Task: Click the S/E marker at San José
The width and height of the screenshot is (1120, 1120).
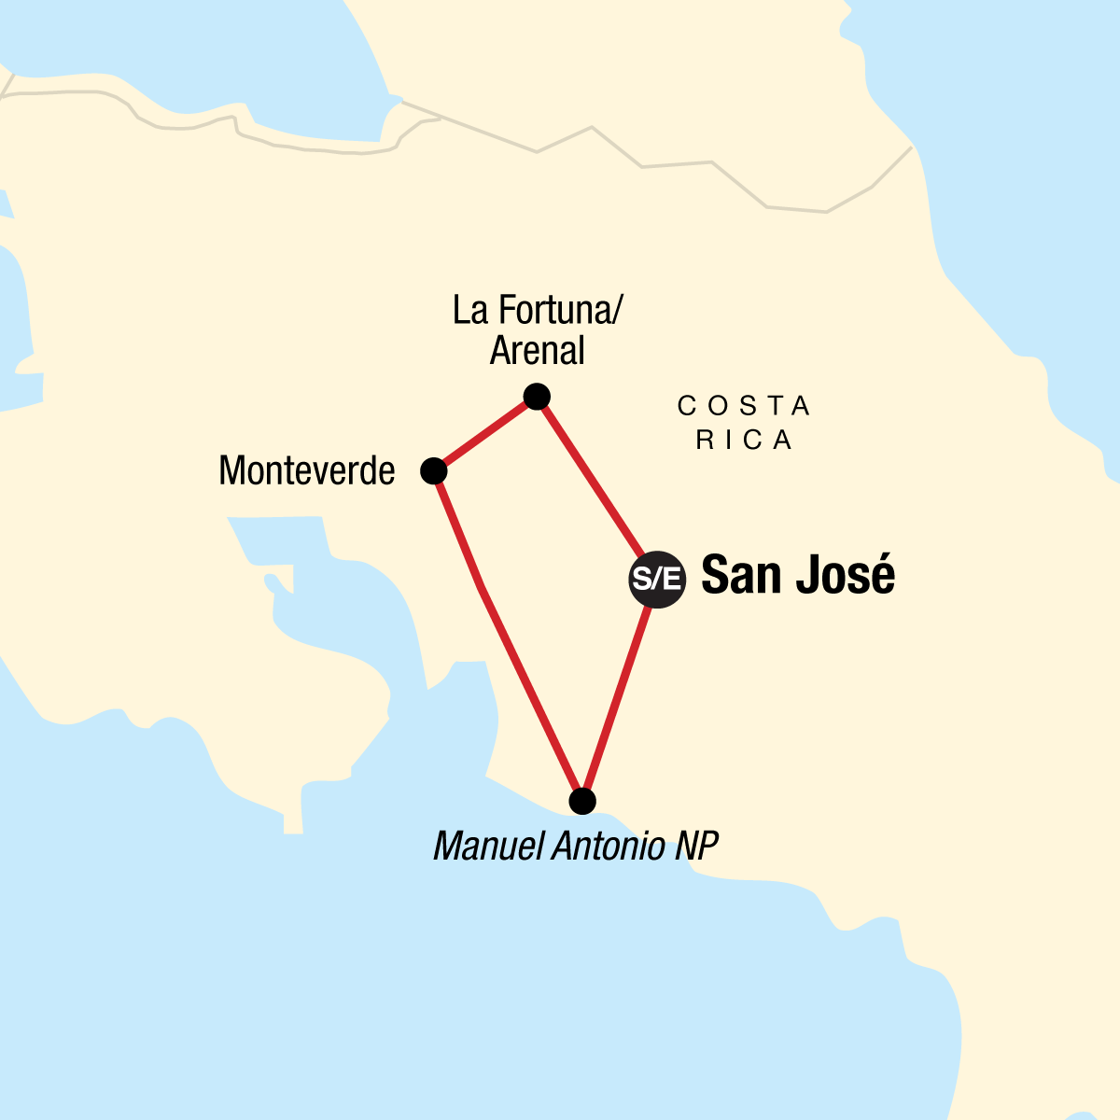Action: (x=657, y=579)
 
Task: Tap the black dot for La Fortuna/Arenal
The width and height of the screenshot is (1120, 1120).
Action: (x=537, y=397)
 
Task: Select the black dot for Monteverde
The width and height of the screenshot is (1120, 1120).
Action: (x=433, y=471)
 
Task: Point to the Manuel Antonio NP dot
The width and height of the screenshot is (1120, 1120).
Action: (x=581, y=801)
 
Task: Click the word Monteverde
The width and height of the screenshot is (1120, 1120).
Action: (x=306, y=471)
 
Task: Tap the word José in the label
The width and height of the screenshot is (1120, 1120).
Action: (x=847, y=575)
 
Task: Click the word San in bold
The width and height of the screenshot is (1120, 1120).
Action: (x=740, y=575)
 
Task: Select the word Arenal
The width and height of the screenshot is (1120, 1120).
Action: (x=537, y=351)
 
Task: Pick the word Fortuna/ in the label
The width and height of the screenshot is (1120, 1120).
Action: (x=565, y=310)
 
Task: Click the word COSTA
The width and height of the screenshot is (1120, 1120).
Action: (x=744, y=406)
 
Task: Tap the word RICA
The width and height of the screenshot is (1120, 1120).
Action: (x=744, y=440)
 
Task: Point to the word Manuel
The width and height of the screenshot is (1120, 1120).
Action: (x=488, y=847)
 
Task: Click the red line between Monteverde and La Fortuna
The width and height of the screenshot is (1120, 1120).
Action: (x=485, y=434)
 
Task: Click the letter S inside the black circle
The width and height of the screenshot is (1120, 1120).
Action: (x=642, y=579)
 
